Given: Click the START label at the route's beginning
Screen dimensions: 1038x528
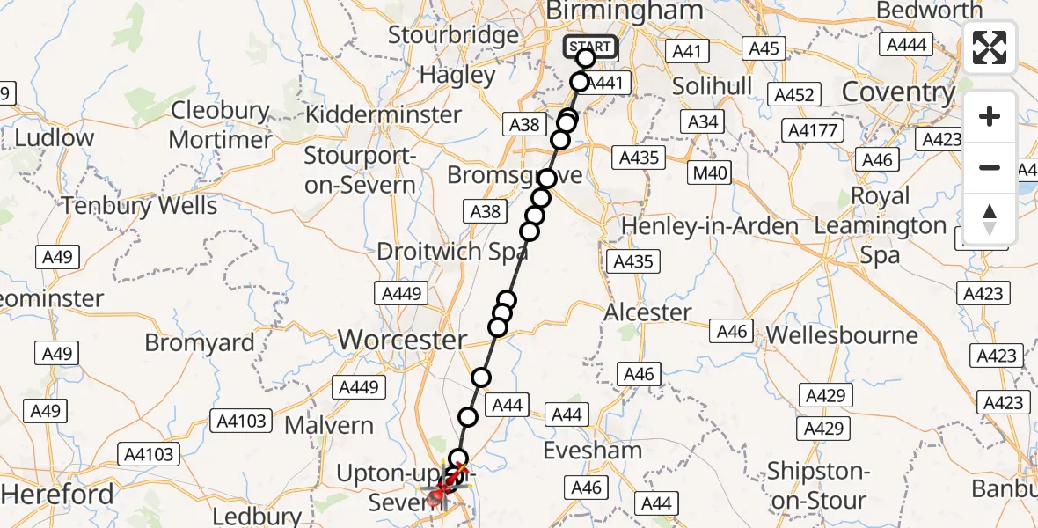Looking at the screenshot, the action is pos(589,47).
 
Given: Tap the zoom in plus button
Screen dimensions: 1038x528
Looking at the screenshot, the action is pos(990,117).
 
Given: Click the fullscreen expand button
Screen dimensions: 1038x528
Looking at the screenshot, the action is pos(990,48).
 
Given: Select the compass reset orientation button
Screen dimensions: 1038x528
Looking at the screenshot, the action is pos(990,219).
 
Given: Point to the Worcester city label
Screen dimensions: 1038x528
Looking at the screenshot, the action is pos(402,339).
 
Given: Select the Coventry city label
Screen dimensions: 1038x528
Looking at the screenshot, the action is pos(898,92).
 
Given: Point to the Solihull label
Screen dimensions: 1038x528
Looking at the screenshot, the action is pos(713,86).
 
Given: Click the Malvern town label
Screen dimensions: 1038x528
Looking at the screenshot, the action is pos(330,425).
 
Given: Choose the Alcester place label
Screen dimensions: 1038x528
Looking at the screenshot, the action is pos(648,312).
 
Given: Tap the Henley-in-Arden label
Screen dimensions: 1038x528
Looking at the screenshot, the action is pos(710,226).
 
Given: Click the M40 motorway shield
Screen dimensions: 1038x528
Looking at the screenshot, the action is pos(710,172).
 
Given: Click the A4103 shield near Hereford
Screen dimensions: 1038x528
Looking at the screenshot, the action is pos(150,454).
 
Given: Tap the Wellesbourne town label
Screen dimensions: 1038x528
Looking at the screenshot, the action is pos(842,335).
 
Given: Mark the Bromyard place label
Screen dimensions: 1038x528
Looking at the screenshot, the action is pos(200,342).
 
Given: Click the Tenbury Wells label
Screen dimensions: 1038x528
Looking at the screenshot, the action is pos(140,206).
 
